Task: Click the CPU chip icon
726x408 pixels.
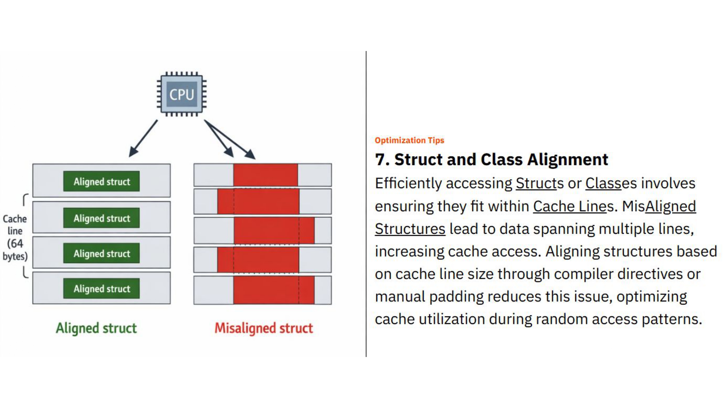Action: [181, 94]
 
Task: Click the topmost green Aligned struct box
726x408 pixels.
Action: [101, 181]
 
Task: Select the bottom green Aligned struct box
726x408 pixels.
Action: [101, 288]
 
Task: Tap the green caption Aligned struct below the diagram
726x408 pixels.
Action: [96, 328]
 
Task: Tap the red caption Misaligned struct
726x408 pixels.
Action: [264, 328]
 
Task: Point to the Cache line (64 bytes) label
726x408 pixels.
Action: [15, 237]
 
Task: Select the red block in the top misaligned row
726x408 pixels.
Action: [265, 175]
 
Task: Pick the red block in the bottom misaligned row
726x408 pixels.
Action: [273, 290]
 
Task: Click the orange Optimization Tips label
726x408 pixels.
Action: [409, 140]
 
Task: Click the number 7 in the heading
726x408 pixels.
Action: [380, 160]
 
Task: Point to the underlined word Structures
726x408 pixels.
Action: [410, 229]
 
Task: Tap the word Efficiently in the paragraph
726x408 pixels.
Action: [408, 184]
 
